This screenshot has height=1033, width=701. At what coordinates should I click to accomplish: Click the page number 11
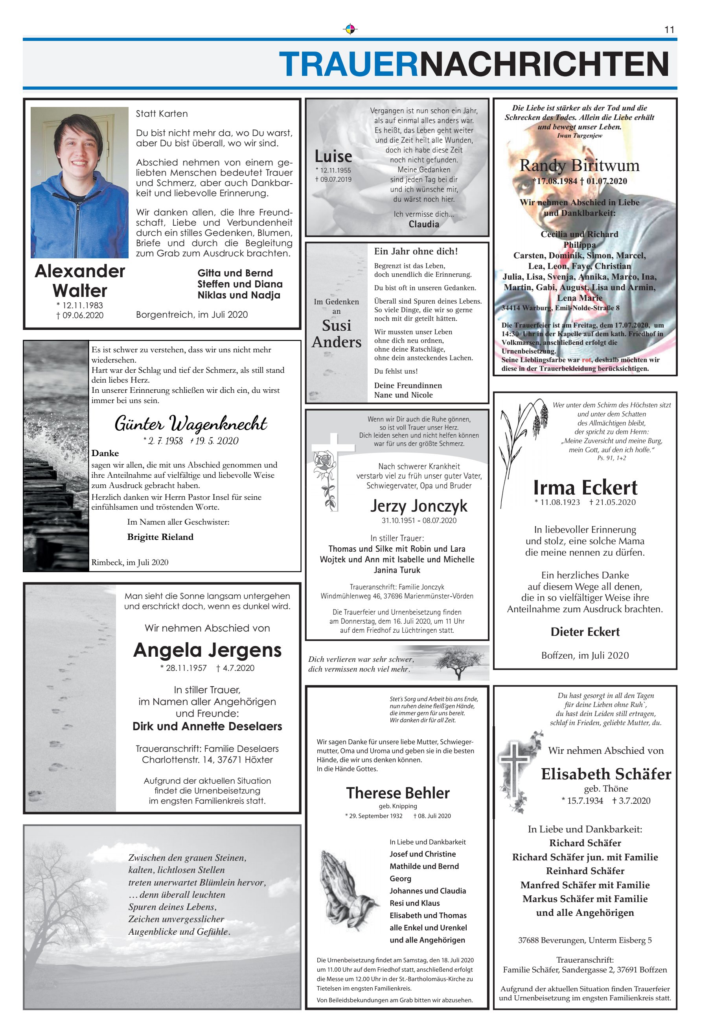click(x=669, y=30)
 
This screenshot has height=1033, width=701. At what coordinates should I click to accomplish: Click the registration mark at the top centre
click(x=350, y=29)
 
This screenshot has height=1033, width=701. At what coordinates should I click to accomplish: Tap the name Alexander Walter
click(x=80, y=281)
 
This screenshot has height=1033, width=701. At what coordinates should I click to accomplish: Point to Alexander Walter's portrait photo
click(x=79, y=183)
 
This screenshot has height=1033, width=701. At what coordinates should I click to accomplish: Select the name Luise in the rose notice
click(x=333, y=157)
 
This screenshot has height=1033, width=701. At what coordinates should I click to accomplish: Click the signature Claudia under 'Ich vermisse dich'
click(x=423, y=225)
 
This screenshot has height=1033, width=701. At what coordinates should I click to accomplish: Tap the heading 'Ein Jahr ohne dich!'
click(x=416, y=252)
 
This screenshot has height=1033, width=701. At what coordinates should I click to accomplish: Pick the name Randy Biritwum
click(x=579, y=166)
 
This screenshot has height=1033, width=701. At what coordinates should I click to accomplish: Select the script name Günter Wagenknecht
click(x=191, y=423)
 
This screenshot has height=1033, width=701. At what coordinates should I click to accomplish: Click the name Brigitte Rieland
click(x=160, y=537)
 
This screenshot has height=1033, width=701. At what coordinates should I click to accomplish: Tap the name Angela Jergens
click(x=207, y=650)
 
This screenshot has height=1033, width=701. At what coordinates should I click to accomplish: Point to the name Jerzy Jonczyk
click(x=419, y=506)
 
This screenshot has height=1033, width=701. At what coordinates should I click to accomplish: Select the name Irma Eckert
click(x=585, y=488)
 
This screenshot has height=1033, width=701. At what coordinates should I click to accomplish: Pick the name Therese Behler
click(x=398, y=793)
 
